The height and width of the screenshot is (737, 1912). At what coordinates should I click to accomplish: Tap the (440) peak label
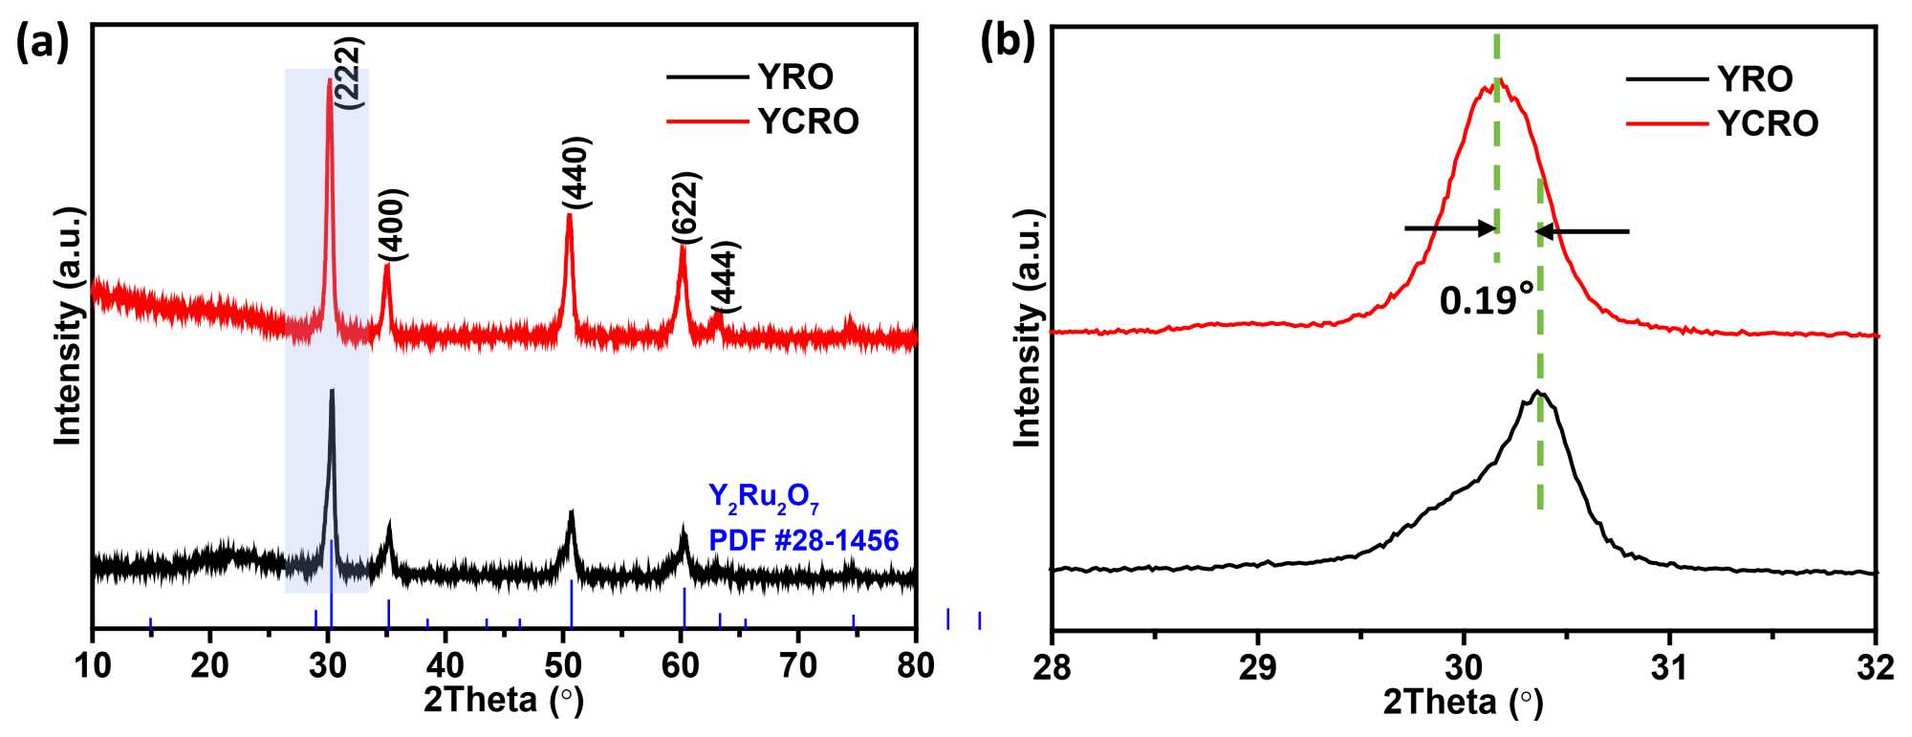point(577,172)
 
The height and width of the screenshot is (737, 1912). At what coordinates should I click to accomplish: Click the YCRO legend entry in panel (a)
point(808,121)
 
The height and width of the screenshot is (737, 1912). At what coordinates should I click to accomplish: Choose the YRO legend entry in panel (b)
point(1755,78)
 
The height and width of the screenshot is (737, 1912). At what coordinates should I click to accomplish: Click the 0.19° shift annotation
point(1487,301)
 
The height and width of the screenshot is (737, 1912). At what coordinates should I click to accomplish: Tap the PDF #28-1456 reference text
point(803,541)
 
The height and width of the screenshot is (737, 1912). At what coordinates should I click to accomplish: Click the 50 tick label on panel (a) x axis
point(563,665)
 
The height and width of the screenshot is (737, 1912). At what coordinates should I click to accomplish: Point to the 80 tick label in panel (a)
point(916,665)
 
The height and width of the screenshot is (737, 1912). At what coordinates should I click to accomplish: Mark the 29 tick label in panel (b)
point(1257,667)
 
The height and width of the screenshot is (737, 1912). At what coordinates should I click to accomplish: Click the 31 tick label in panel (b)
point(1669,667)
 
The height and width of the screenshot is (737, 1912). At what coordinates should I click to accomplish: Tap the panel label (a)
point(43,43)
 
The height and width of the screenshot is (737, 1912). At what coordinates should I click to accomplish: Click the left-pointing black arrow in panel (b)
point(1582,231)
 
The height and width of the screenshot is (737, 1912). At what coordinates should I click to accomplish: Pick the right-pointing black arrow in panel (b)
point(1449,228)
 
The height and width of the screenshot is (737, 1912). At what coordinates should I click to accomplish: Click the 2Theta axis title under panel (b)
point(1463,704)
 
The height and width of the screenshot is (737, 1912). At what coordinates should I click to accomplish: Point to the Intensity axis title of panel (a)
point(68,325)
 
